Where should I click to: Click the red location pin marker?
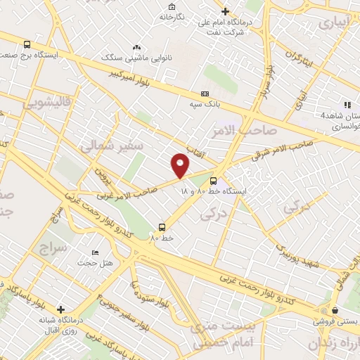click(181, 165)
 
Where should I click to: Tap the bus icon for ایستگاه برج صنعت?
click(27, 43)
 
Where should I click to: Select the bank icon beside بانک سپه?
click(205, 94)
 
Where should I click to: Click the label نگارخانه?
click(172, 16)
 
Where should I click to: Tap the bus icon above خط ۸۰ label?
click(162, 226)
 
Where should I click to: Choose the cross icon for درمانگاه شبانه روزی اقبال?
click(61, 309)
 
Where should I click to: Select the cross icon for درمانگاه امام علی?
click(225, 11)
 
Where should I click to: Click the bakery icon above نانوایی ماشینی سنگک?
click(136, 46)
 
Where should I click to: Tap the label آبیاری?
click(334, 22)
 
